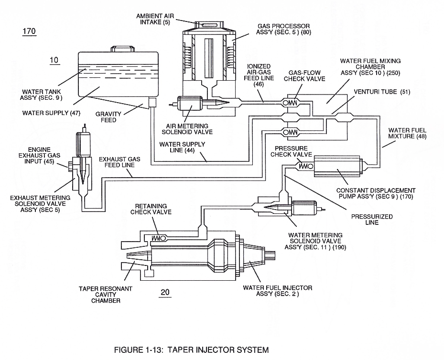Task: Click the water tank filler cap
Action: tap(122, 48)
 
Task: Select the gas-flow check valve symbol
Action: tap(291, 103)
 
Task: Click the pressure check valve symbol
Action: tap(305, 166)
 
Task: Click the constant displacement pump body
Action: tap(336, 166)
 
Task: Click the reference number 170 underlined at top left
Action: tap(29, 31)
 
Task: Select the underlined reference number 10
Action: tap(54, 60)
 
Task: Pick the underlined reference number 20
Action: tap(165, 292)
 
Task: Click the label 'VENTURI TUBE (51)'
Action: tap(382, 92)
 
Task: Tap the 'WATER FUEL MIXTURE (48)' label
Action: tap(407, 133)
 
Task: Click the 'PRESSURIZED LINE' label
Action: tap(372, 220)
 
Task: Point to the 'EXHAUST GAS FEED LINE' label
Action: tap(119, 162)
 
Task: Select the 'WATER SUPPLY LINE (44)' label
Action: tap(182, 148)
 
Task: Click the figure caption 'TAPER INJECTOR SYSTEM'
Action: tap(218, 350)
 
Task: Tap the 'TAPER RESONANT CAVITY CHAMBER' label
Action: tap(105, 295)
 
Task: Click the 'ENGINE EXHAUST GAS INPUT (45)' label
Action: tap(39, 156)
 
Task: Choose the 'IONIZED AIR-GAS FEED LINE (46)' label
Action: tap(259, 75)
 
